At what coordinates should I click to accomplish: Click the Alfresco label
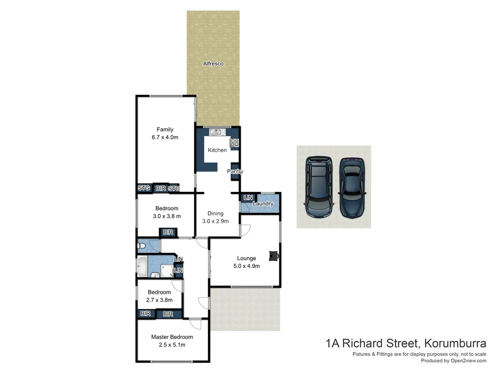[x=213, y=64]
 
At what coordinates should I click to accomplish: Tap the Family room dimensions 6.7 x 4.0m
[x=165, y=138]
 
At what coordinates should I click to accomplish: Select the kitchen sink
[x=216, y=132]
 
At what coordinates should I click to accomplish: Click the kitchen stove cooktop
[x=234, y=143]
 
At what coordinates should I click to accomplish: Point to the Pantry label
[x=235, y=172]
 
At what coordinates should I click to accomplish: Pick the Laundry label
[x=263, y=204]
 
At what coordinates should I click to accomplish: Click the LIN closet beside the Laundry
[x=248, y=197]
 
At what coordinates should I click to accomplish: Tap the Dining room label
[x=215, y=213]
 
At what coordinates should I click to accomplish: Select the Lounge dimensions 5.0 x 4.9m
[x=247, y=266]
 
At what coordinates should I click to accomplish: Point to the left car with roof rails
[x=319, y=186]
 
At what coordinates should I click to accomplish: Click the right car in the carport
[x=353, y=186]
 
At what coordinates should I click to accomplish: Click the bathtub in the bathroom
[x=142, y=266]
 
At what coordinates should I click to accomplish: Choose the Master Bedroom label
[x=172, y=337]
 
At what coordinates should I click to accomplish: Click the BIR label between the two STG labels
[x=160, y=188]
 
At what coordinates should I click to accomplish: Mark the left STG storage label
[x=143, y=188]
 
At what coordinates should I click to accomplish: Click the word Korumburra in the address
[x=455, y=343]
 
